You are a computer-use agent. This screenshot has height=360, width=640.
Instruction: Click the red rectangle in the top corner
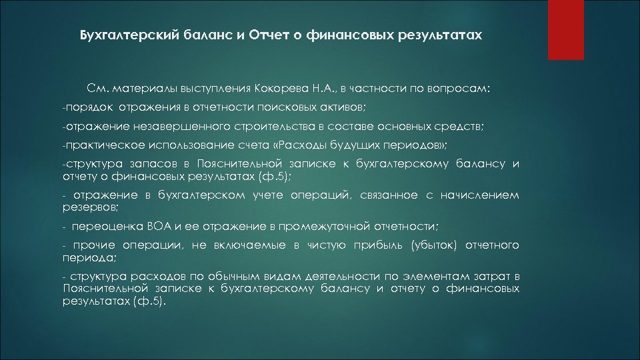click(x=565, y=30)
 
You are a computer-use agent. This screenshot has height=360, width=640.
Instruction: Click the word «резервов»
click(x=83, y=207)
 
